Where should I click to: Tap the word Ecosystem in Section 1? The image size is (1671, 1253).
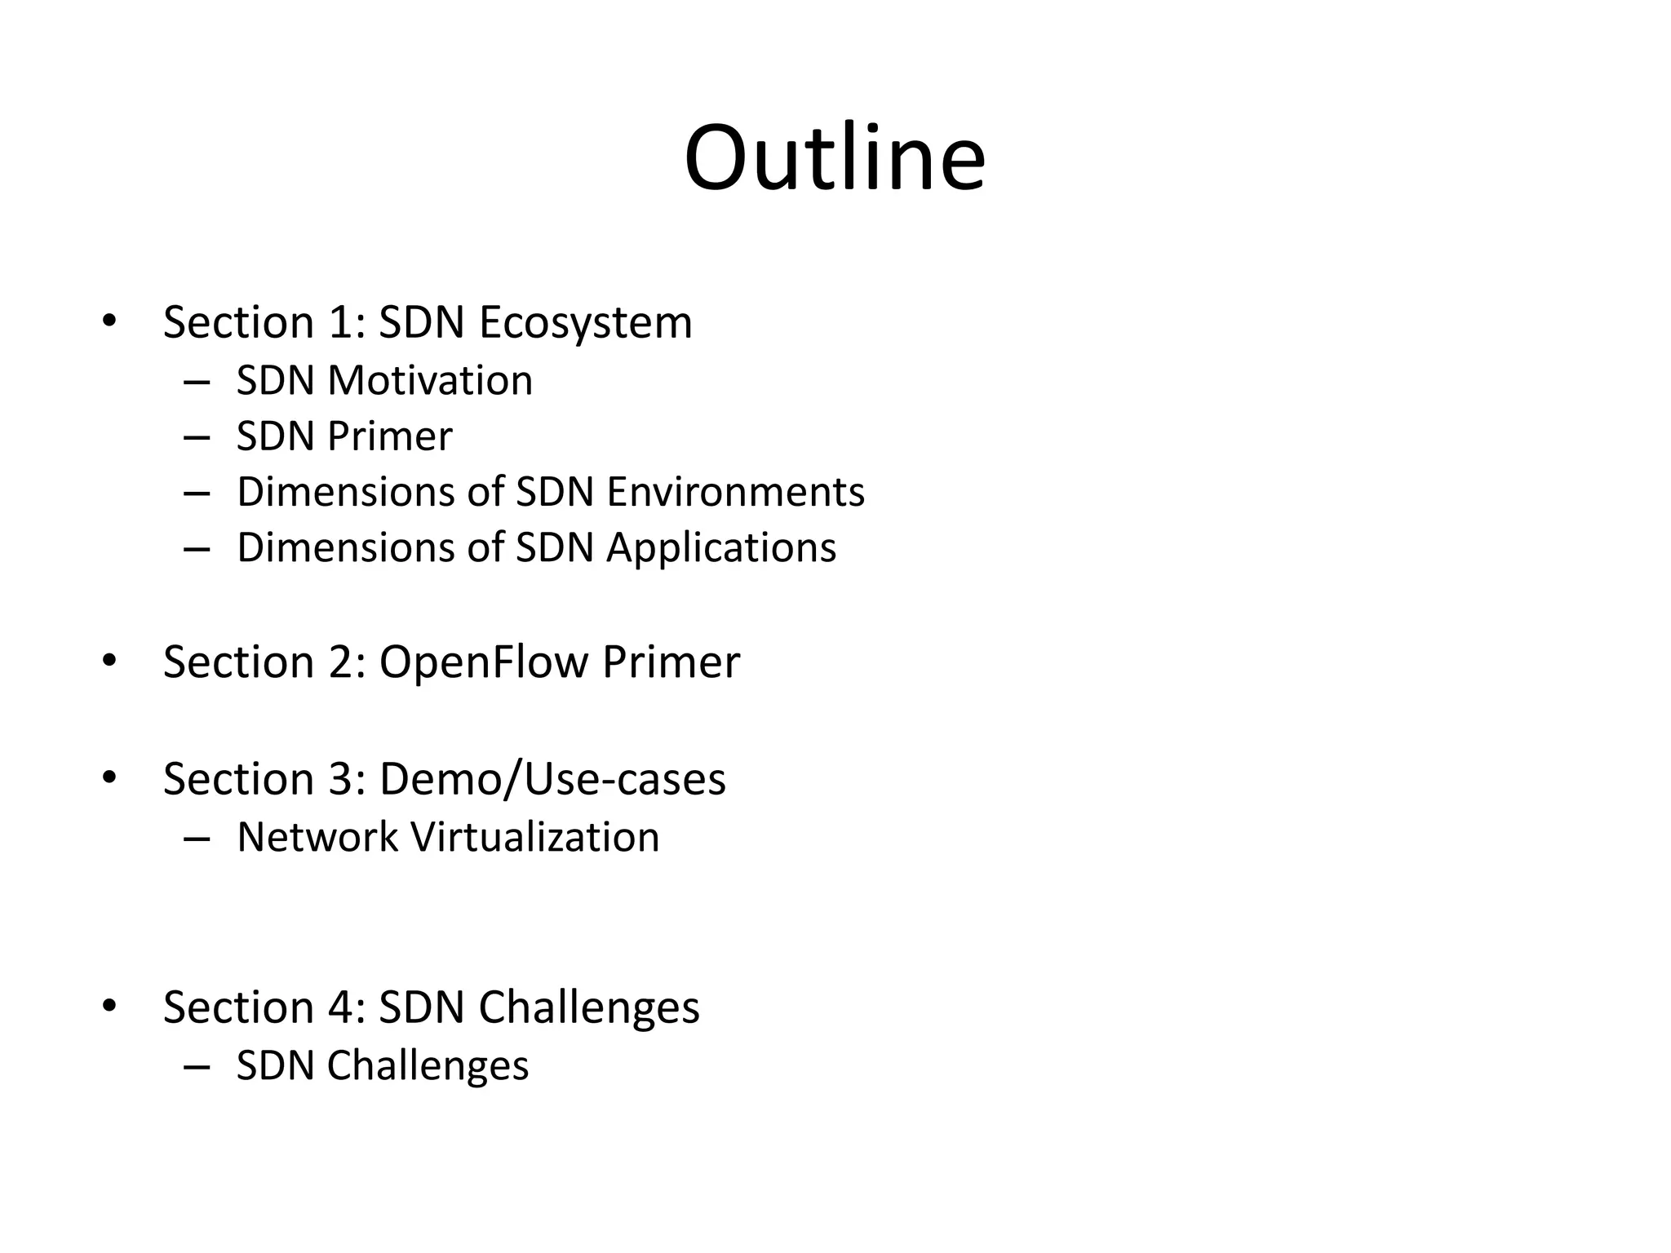(x=585, y=323)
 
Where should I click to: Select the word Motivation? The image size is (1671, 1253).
(x=430, y=381)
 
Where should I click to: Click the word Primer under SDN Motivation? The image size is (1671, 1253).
(x=389, y=436)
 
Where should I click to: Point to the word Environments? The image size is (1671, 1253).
(x=735, y=492)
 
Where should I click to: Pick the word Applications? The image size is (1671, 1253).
(x=721, y=547)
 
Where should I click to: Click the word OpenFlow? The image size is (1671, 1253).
(x=483, y=662)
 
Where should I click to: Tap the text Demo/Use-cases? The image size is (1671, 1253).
(x=552, y=779)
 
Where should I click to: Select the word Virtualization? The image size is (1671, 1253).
(x=535, y=838)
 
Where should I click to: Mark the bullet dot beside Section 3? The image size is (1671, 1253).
(x=109, y=777)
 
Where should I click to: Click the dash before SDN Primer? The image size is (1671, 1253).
(x=197, y=438)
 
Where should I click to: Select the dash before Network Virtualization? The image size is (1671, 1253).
(x=197, y=839)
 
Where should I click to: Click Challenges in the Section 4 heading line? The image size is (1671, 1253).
(x=589, y=1007)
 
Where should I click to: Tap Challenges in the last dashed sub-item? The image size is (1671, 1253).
(x=428, y=1066)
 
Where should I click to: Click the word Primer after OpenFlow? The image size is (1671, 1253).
(x=671, y=662)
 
